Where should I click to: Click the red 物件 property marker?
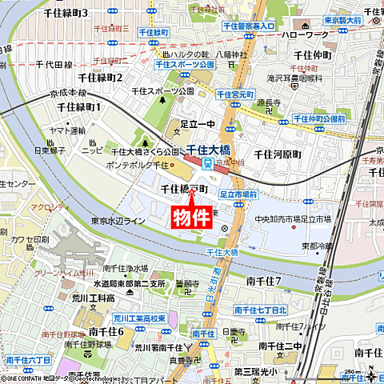click(x=192, y=217)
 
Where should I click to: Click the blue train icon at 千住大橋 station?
click(x=206, y=164)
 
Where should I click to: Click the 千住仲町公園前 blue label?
click(x=318, y=118)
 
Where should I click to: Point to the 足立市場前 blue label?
click(x=238, y=194)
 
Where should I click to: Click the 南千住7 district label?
click(x=264, y=280)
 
